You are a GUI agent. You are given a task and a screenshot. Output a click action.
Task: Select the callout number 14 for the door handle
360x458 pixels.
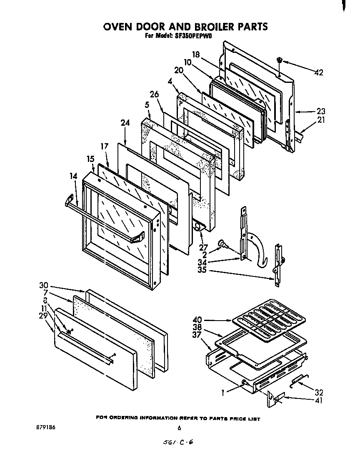coord(74,176)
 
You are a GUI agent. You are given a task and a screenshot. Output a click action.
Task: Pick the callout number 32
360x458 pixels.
coord(319,392)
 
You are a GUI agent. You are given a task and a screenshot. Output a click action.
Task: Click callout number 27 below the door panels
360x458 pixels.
coord(203,248)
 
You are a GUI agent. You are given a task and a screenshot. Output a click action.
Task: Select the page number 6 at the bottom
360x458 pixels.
coord(179,428)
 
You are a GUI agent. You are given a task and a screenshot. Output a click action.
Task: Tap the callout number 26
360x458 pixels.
coord(155,95)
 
